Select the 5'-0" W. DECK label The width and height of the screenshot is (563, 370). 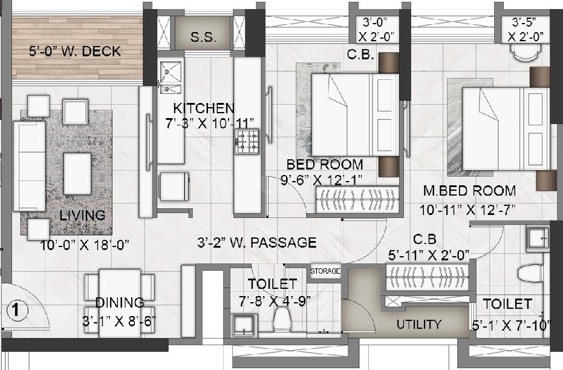point(75,52)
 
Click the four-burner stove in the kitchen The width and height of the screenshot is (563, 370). point(248,140)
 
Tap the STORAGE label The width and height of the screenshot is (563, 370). point(325,271)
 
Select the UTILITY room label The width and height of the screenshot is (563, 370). point(418,324)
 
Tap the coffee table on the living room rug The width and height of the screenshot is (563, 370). point(77,173)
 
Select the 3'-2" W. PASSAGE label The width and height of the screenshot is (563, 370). point(257,243)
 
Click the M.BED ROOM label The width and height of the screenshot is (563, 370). point(469,191)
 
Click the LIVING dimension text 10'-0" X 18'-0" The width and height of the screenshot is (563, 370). point(85,245)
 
